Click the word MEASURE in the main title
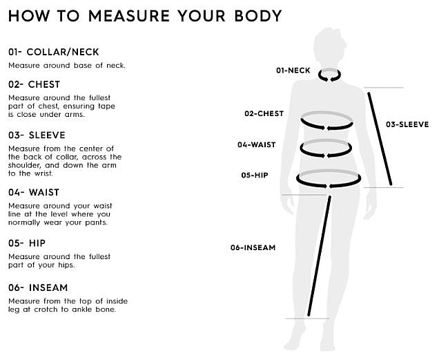[x=129, y=16]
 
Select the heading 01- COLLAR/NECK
[x=54, y=52]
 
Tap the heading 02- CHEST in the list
[x=34, y=84]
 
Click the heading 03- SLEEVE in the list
[x=37, y=135]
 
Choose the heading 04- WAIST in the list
[x=34, y=192]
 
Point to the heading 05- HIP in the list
[x=27, y=243]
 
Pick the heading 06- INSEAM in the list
[x=38, y=287]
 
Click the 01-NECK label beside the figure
[x=293, y=70]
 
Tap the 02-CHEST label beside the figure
[x=264, y=113]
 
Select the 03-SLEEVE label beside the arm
[x=407, y=124]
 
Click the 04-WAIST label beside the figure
[x=257, y=144]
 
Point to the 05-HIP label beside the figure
[x=255, y=176]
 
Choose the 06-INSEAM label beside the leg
[x=253, y=247]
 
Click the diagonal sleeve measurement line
[x=380, y=139]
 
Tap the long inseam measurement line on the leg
[x=319, y=256]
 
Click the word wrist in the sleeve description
[x=43, y=173]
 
